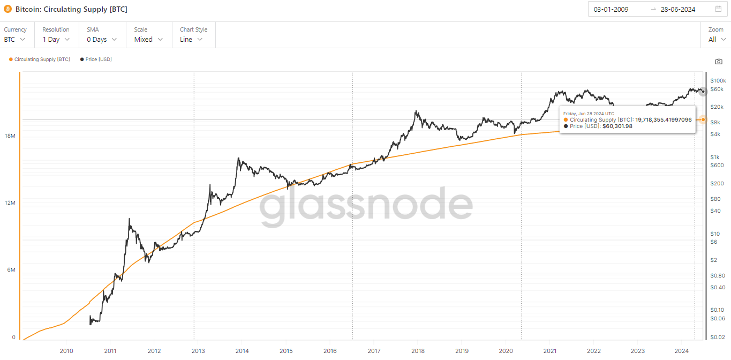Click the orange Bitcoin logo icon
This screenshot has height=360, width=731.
[7, 9]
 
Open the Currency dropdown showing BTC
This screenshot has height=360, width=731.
[15, 39]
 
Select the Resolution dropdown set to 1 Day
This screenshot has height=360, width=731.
[56, 39]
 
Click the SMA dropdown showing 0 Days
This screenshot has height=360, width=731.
[102, 39]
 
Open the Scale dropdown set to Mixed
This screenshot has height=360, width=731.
[148, 39]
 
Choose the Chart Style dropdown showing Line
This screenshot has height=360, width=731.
[191, 39]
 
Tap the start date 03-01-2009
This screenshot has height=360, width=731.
[611, 9]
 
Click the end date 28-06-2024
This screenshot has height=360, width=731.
[677, 9]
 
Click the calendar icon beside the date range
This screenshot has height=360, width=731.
[718, 9]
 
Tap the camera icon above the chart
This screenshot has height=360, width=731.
[719, 62]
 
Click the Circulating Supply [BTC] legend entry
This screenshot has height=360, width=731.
[40, 59]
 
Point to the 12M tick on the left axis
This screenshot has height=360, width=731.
[10, 203]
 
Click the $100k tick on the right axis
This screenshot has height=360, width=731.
[718, 80]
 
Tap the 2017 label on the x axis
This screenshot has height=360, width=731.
[374, 351]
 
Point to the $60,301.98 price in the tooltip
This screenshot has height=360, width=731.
[617, 126]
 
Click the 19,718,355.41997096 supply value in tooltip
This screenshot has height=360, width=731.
[664, 119]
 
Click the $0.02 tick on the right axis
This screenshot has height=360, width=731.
[718, 337]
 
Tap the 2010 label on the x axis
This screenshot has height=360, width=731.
[66, 351]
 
